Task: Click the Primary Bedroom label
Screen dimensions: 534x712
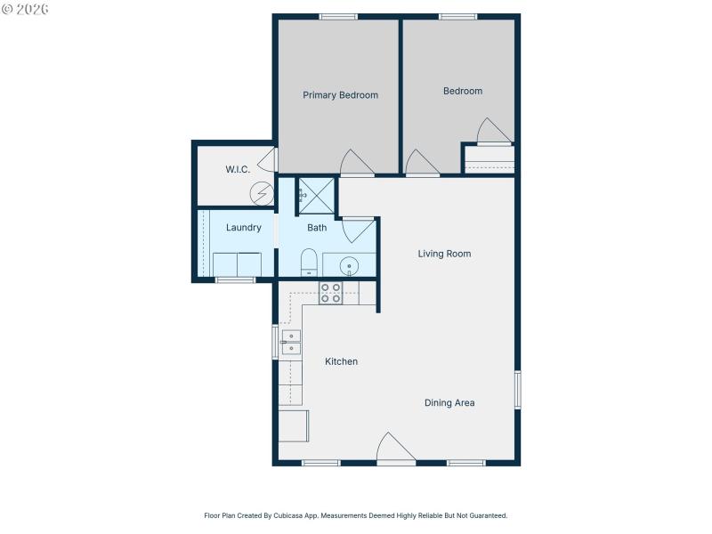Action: (340, 95)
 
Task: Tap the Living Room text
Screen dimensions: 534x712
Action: (444, 254)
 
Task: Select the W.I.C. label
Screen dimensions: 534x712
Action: (237, 169)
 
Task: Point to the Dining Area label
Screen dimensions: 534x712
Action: (449, 403)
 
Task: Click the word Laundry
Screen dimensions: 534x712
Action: (243, 228)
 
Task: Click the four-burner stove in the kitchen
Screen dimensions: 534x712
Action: (331, 293)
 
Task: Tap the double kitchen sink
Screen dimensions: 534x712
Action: (291, 343)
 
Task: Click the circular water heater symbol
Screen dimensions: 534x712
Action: (262, 193)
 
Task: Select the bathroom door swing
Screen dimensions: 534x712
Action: (359, 231)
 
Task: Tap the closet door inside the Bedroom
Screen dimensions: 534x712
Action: (493, 131)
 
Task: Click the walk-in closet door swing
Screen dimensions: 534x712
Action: (265, 161)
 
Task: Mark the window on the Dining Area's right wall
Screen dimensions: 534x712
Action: (517, 390)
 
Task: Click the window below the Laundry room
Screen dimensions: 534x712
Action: (235, 280)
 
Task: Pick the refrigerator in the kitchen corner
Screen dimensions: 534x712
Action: (293, 425)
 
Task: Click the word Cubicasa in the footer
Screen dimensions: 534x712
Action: (290, 515)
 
